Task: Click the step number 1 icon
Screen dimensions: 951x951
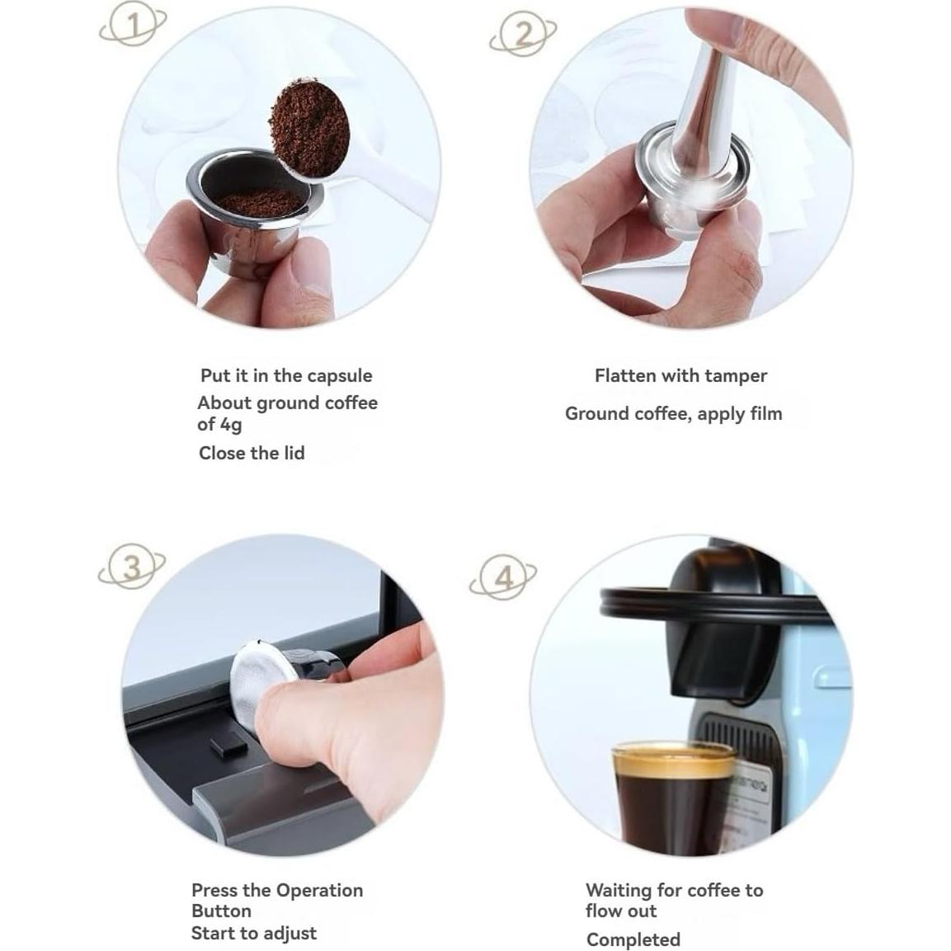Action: pyautogui.click(x=133, y=27)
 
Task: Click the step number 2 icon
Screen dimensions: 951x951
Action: pyautogui.click(x=523, y=35)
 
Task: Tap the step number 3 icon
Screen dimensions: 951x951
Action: pyautogui.click(x=132, y=567)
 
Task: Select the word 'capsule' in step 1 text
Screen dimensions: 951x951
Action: pyautogui.click(x=339, y=376)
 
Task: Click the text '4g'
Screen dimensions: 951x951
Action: pyautogui.click(x=231, y=426)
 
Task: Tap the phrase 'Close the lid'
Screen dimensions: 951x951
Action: pyautogui.click(x=252, y=453)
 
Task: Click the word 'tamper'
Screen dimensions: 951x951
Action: pyautogui.click(x=735, y=376)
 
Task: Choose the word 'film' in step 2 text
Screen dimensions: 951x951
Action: pyautogui.click(x=763, y=413)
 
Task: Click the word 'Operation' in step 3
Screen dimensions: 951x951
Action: pyautogui.click(x=319, y=891)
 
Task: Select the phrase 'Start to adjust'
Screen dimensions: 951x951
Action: pyautogui.click(x=253, y=934)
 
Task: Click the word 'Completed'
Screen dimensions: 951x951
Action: pyautogui.click(x=633, y=939)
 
